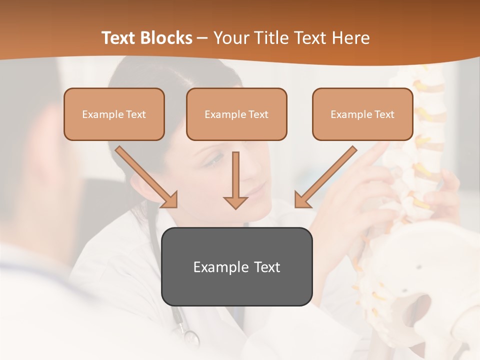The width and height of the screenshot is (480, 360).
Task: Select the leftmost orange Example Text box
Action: [114, 114]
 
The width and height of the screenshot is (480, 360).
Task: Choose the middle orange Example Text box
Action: [236, 114]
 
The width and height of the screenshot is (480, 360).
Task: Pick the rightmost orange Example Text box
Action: [362, 114]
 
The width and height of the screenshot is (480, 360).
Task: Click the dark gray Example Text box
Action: [236, 266]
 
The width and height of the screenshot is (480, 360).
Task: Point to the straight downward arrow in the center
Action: [235, 180]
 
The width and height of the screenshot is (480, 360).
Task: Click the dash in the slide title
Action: [202, 38]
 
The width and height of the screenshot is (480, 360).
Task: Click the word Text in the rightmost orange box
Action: [384, 114]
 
